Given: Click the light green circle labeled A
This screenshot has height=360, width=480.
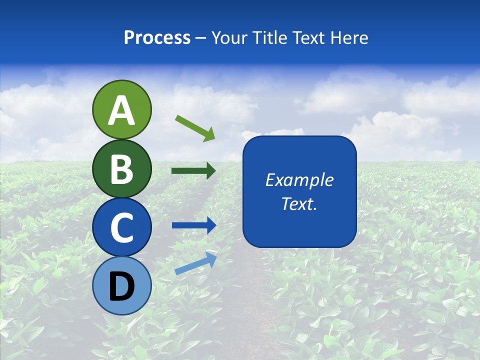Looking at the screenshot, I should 121,109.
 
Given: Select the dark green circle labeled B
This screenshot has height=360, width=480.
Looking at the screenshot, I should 121,168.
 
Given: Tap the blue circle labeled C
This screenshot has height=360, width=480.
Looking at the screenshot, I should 121,227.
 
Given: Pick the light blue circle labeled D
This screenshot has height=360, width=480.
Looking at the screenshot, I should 121,285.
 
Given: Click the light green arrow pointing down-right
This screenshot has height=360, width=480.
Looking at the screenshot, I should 195,128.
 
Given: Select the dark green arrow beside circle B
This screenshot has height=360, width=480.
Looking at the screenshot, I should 193,171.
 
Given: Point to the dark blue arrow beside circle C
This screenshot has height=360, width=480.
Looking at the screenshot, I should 194,225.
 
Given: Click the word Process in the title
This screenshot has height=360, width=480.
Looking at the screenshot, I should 157,37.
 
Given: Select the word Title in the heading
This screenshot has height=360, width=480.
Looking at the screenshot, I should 269,37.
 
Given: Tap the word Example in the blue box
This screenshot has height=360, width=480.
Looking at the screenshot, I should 299,180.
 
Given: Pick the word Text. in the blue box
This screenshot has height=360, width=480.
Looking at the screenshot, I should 299,203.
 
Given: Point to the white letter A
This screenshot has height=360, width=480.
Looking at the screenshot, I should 121,110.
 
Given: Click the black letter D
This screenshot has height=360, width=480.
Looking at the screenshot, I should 121,286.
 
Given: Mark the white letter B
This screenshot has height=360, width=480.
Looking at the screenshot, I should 121,169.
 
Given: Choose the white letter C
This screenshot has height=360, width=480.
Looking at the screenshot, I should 121,228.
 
